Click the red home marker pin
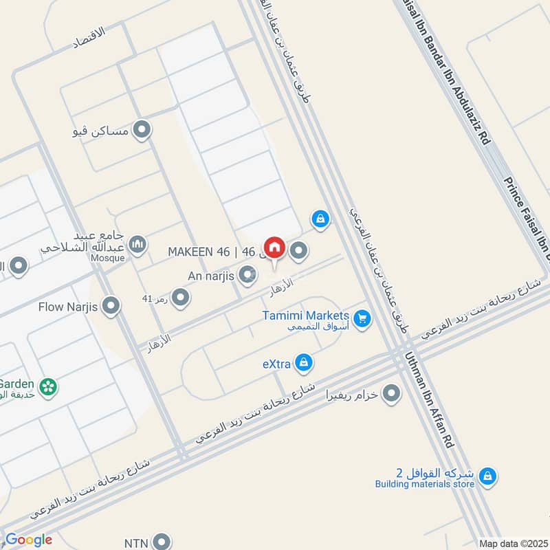[274, 247]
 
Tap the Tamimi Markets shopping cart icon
[362, 318]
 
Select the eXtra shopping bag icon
[304, 363]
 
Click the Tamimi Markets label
[305, 316]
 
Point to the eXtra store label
[276, 364]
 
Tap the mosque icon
[138, 244]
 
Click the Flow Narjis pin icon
[111, 306]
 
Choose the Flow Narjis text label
[69, 306]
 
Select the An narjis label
[212, 276]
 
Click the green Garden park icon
[48, 386]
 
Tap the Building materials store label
[425, 484]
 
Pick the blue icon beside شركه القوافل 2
[487, 475]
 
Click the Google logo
[28, 540]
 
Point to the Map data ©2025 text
[511, 543]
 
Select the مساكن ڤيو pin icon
[142, 129]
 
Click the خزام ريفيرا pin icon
[391, 394]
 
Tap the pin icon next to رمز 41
[181, 298]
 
